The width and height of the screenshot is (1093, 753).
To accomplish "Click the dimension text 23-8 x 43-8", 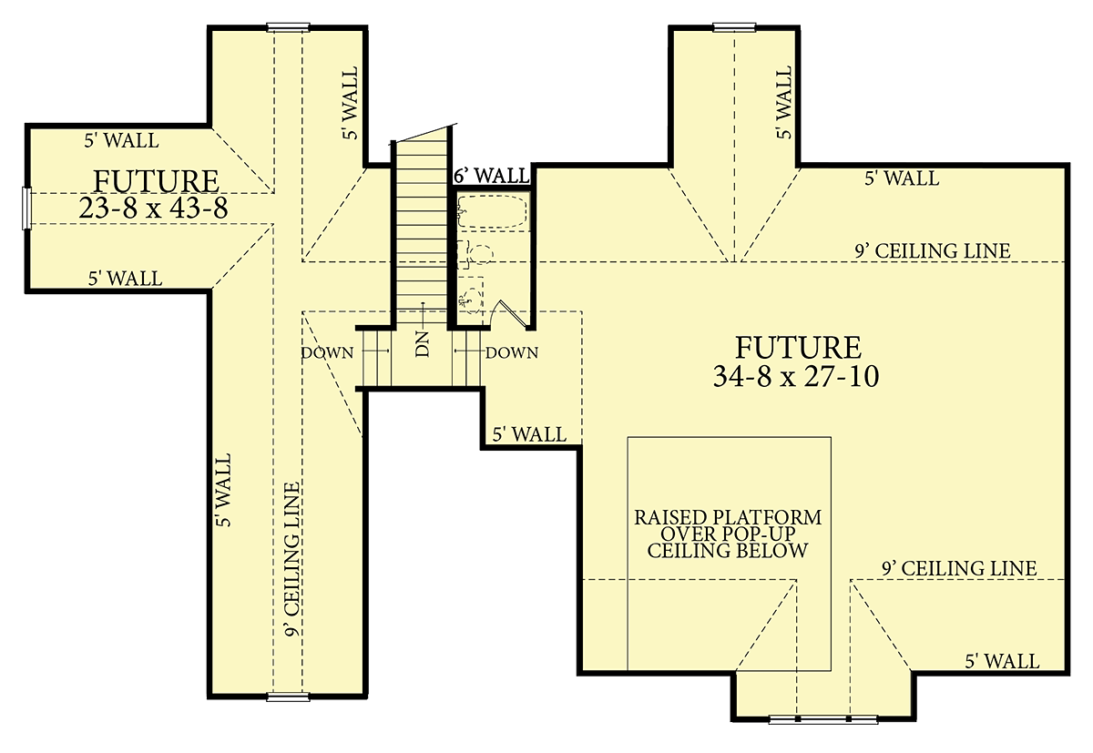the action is point(153,209).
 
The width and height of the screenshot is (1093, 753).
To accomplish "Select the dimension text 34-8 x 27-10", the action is point(796,377).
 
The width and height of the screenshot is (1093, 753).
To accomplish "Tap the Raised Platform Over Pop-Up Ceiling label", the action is point(728,534).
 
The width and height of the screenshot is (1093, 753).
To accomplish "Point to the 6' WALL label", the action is point(491,176).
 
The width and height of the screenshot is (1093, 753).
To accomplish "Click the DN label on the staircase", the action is point(423,344).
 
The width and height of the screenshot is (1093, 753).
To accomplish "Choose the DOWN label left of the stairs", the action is point(327,352).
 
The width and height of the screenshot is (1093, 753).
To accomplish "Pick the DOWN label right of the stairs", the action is point(512,352).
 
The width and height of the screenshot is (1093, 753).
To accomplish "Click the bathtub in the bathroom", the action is point(492,211).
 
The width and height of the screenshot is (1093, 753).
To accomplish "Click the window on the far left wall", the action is point(26,209).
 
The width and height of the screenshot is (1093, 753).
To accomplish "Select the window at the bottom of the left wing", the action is point(289,697).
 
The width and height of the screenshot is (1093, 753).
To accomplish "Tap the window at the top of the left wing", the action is point(289,26).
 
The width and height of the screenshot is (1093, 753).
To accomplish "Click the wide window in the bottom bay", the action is point(823,719).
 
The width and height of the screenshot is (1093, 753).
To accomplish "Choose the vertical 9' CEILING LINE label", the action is point(292,559).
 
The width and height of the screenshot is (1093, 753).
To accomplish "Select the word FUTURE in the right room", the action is point(798,347).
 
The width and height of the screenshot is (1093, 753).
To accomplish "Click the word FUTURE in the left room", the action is point(156,181).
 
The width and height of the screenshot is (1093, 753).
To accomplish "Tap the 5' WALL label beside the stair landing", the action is point(529,434).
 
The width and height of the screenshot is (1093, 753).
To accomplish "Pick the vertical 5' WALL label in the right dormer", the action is point(784,102).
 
